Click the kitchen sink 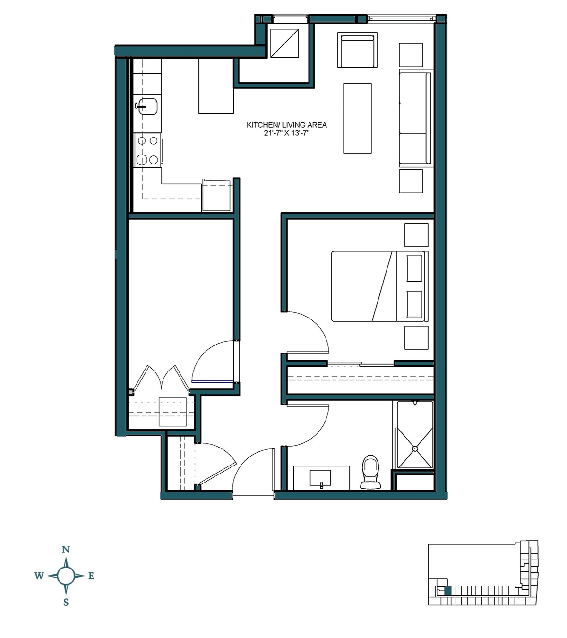[147, 107]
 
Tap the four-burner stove [147, 150]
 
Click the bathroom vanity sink [320, 478]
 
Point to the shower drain [415, 448]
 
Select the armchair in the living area [357, 50]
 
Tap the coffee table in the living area [357, 118]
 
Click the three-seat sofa [415, 118]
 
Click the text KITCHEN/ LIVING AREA [286, 125]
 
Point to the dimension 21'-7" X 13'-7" [286, 133]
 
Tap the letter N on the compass [66, 550]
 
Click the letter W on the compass [39, 576]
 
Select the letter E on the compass [91, 576]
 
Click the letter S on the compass [66, 602]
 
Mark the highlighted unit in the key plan [448, 590]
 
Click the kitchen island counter [216, 86]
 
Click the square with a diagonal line [284, 43]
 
